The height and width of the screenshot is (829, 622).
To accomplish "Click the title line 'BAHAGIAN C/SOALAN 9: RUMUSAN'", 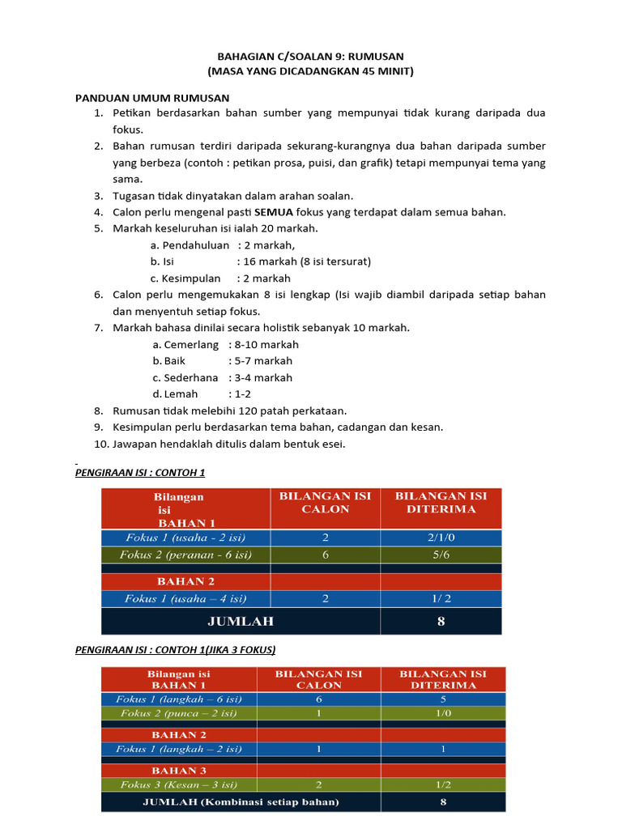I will [310, 56].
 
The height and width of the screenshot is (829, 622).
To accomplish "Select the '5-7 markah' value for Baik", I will [263, 361].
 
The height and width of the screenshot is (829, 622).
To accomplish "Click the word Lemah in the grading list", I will [181, 394].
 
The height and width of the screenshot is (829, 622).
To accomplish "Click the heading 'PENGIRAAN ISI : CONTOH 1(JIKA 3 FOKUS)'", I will [175, 649].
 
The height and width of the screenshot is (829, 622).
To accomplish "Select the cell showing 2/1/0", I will [441, 538].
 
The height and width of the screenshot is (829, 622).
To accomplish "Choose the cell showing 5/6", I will [441, 555].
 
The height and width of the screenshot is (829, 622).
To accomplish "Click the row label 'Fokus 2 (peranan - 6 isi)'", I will [185, 555].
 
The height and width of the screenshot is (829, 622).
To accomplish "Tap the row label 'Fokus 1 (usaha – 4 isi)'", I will [185, 599].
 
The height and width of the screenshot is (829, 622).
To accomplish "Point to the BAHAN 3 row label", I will [179, 770].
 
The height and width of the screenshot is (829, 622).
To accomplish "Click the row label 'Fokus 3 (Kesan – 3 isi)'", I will [179, 784].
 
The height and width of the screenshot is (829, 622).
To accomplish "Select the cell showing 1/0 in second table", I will [443, 713].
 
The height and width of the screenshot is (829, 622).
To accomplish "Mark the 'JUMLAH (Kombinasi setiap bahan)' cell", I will [241, 802].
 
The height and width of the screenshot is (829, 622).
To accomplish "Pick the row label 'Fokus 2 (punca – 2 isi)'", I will [179, 713].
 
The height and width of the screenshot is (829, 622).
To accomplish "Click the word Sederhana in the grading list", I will [191, 377].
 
